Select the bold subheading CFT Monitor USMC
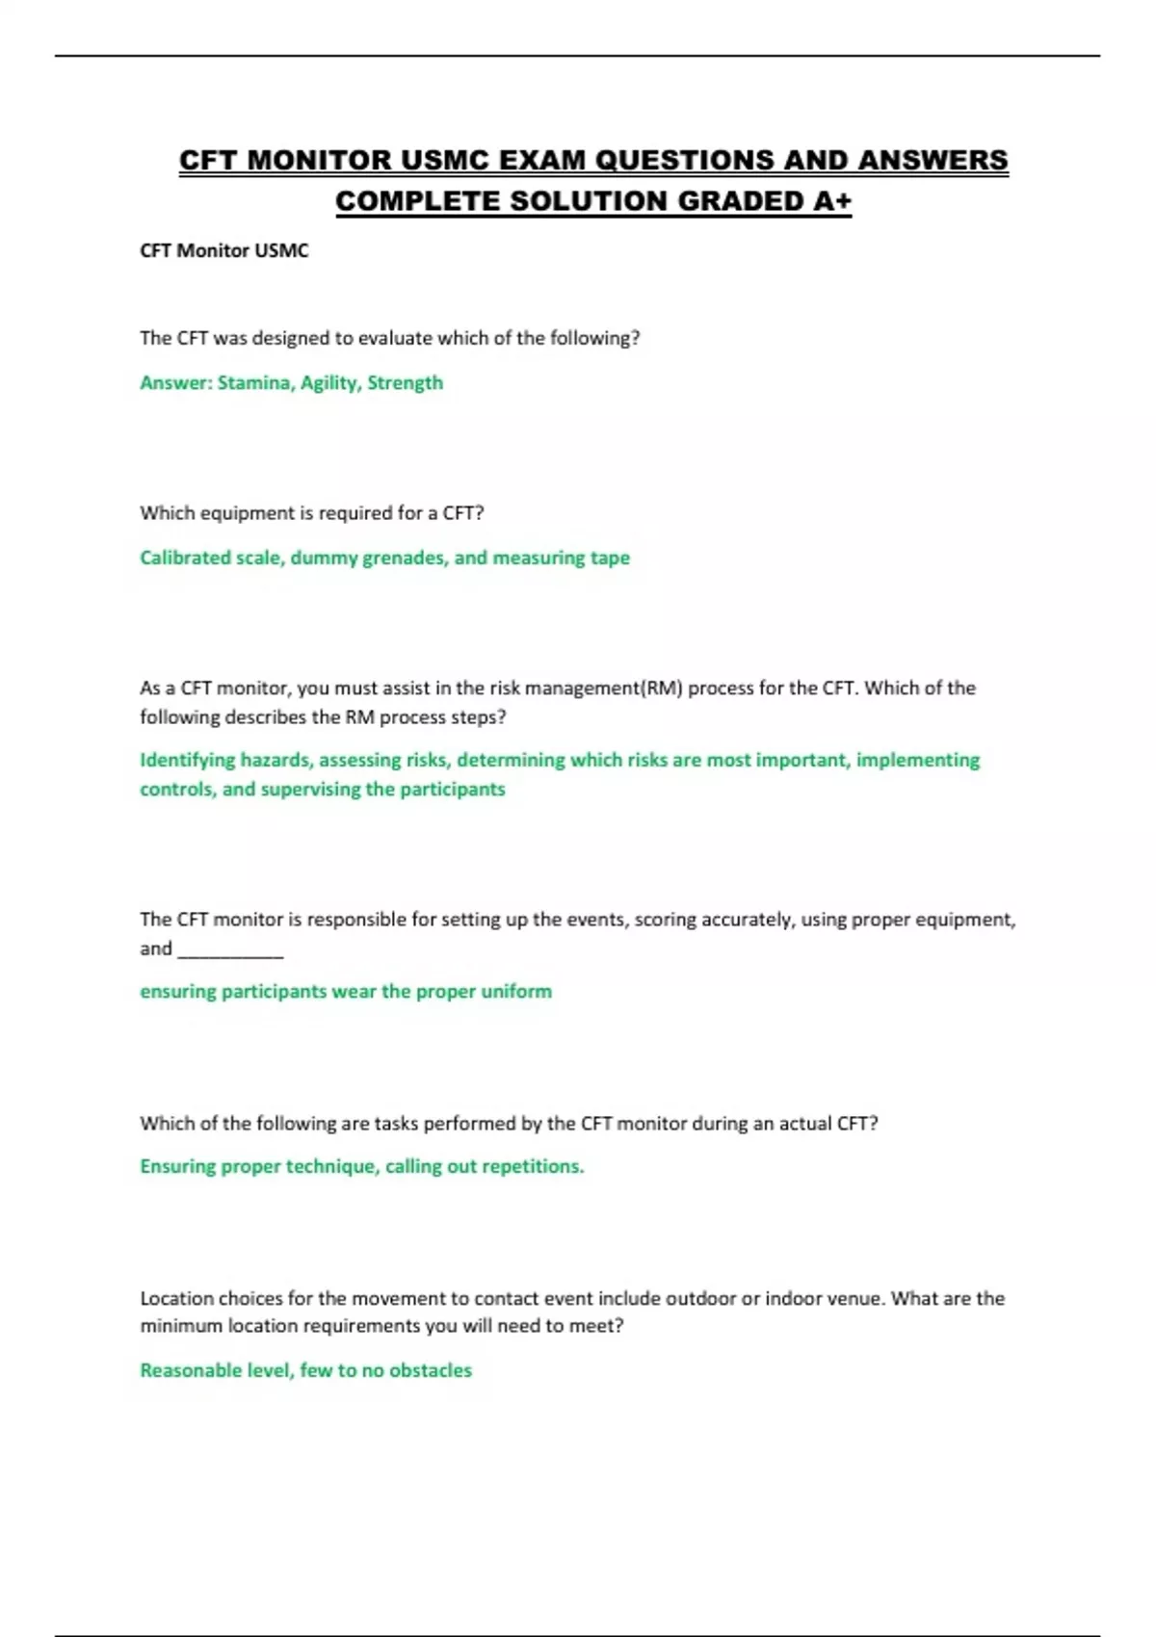[224, 251]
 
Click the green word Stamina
[255, 383]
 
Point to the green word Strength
[405, 383]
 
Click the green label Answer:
[176, 383]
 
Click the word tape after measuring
[610, 559]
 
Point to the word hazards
[276, 760]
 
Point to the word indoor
[791, 1299]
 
